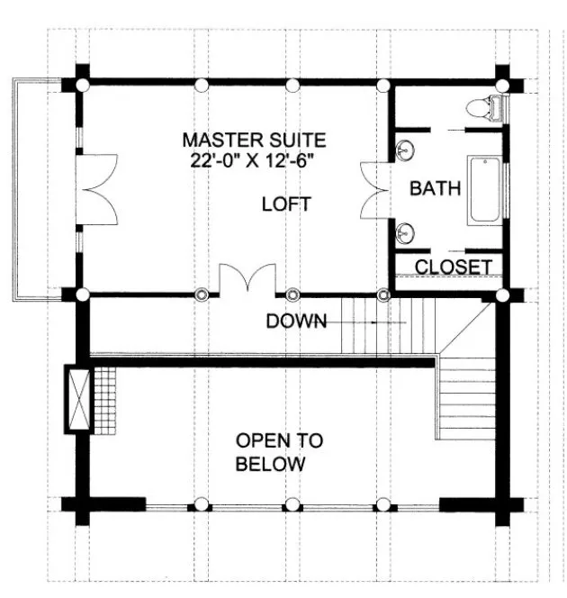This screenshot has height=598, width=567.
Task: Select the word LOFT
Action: pos(285,204)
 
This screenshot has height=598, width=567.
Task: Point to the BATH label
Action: pos(435,189)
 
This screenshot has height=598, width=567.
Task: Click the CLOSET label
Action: pos(453,267)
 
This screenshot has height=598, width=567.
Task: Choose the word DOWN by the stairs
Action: pos(296,322)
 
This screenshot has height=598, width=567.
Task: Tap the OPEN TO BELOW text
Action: pos(279,453)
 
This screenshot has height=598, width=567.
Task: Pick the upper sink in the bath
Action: pos(407,148)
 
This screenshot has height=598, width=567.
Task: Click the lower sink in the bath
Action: pos(407,232)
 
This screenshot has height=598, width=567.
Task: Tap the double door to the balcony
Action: pos(96,189)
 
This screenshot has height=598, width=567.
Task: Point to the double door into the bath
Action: pos(373,189)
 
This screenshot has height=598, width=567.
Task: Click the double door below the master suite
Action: pos(247,279)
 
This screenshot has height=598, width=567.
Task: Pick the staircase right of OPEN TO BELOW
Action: pos(467,405)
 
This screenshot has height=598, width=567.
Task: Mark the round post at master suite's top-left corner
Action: pos(82,86)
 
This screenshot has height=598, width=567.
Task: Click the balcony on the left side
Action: pos(40,189)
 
